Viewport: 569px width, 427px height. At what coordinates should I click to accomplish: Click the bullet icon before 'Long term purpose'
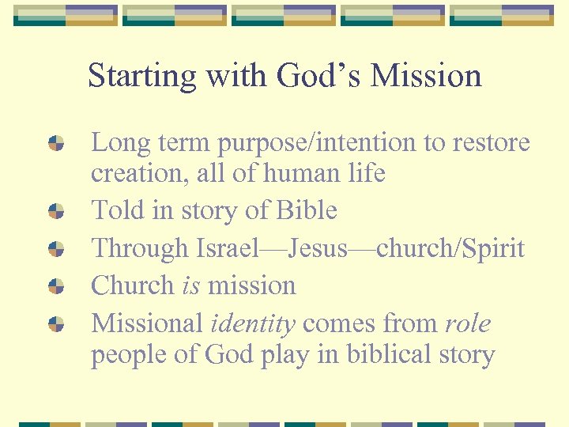(x=56, y=143)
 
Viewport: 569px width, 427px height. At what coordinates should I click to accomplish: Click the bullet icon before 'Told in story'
(x=56, y=210)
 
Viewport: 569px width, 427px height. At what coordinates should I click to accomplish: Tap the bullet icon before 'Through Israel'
(x=56, y=248)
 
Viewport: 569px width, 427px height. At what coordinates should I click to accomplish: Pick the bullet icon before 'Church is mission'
(x=56, y=285)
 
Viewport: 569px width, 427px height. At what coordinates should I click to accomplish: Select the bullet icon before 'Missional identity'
(x=56, y=323)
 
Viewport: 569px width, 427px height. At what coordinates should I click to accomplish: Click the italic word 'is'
(x=190, y=285)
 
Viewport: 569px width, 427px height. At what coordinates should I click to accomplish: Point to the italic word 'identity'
(x=253, y=324)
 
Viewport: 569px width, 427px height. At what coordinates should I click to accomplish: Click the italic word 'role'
(x=467, y=323)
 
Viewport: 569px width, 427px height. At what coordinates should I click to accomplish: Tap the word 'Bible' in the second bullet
(x=307, y=210)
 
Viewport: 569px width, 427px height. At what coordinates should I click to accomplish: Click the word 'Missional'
(x=147, y=323)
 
